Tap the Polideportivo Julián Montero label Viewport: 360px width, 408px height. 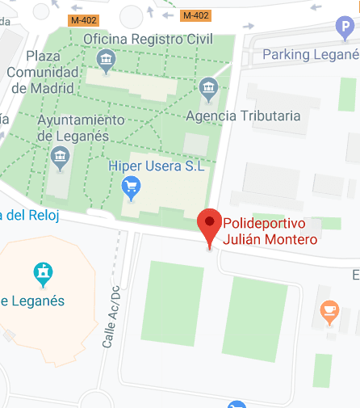click(x=270, y=231)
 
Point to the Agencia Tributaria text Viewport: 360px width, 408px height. click(x=243, y=116)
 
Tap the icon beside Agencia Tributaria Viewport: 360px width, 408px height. click(x=209, y=87)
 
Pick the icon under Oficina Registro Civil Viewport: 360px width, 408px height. click(x=105, y=59)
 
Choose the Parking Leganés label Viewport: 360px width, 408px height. click(x=311, y=54)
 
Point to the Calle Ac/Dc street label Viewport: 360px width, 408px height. click(x=111, y=317)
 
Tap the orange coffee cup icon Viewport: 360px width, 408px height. click(x=329, y=310)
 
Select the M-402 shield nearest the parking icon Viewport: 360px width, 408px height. click(x=196, y=15)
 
